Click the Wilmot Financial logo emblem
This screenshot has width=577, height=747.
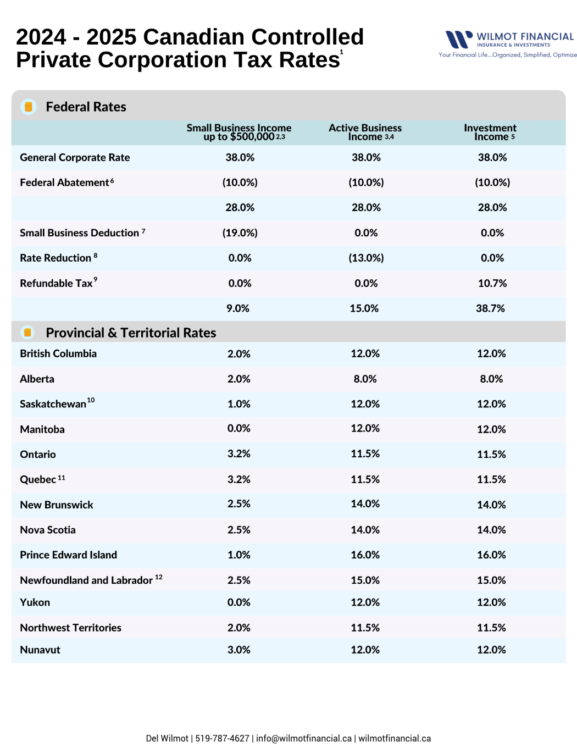click(459, 40)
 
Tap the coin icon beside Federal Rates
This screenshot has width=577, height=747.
click(29, 107)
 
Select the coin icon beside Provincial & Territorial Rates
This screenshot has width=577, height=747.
click(27, 333)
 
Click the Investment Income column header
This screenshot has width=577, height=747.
click(490, 132)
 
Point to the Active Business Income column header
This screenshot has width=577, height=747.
click(365, 132)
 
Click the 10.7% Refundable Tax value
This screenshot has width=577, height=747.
click(492, 283)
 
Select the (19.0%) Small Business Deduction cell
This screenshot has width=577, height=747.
click(240, 233)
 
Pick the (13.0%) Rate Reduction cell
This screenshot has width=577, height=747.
click(366, 258)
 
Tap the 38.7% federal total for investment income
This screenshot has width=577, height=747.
click(490, 308)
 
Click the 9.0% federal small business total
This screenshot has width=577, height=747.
click(238, 308)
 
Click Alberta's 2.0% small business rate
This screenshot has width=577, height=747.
click(239, 379)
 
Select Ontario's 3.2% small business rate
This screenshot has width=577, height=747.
click(239, 454)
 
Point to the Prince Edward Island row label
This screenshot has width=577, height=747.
click(68, 555)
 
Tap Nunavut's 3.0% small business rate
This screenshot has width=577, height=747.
click(239, 650)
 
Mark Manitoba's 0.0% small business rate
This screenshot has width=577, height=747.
click(239, 428)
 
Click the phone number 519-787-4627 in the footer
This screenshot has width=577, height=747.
click(222, 738)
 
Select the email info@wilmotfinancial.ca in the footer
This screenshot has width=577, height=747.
click(304, 738)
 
